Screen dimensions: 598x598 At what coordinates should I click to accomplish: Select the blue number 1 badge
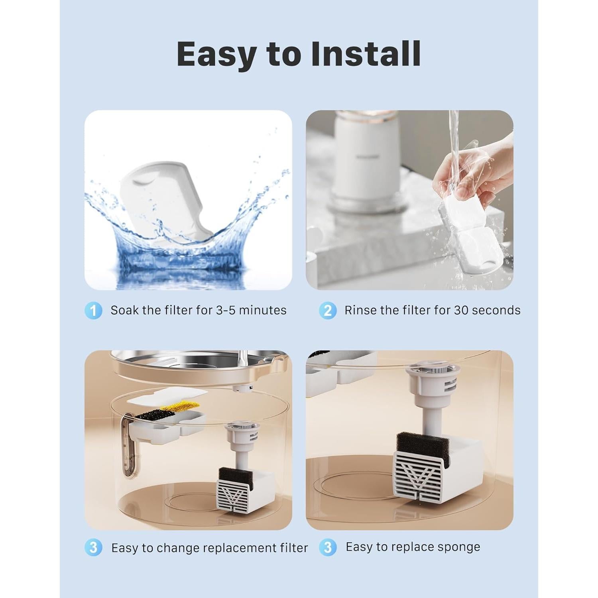pyautogui.click(x=93, y=311)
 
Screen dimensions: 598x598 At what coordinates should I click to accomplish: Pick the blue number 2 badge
pyautogui.click(x=327, y=311)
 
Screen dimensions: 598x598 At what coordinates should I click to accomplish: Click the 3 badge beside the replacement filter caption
pyautogui.click(x=93, y=548)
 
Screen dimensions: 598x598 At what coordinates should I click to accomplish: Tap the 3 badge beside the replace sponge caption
pyautogui.click(x=327, y=547)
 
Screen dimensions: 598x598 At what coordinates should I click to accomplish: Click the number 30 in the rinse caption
pyautogui.click(x=461, y=310)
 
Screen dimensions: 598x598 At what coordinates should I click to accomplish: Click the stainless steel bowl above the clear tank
pyautogui.click(x=187, y=365)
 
